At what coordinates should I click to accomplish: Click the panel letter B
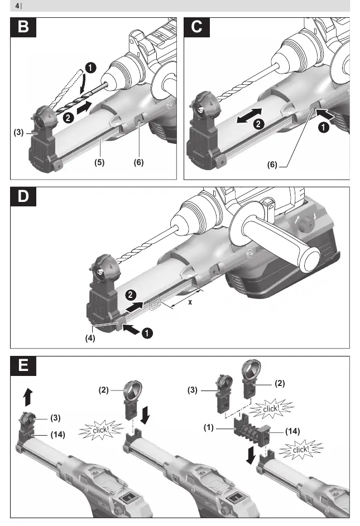point(23,27)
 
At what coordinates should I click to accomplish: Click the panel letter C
point(197,27)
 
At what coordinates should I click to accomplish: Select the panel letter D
point(23,196)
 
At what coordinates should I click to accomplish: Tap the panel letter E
point(23,365)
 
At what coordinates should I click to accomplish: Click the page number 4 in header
point(17,6)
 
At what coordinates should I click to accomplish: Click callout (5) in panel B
point(99,162)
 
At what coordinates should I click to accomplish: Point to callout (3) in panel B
point(18,132)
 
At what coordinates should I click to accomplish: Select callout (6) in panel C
point(272,165)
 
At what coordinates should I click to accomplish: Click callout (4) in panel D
point(90,338)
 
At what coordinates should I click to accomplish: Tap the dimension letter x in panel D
point(190,302)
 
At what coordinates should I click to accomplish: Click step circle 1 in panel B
point(90,67)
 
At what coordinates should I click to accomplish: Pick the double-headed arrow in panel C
point(249,115)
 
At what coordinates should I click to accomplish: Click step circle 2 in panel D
point(131,295)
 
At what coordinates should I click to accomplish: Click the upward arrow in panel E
point(28,397)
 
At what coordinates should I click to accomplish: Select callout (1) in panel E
point(209,428)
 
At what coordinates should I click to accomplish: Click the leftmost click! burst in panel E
point(101,430)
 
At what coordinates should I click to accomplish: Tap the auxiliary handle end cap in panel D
point(309,260)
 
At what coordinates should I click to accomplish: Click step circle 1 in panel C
point(324,128)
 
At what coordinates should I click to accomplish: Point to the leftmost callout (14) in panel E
point(57,435)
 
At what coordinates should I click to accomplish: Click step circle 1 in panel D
point(147,333)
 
